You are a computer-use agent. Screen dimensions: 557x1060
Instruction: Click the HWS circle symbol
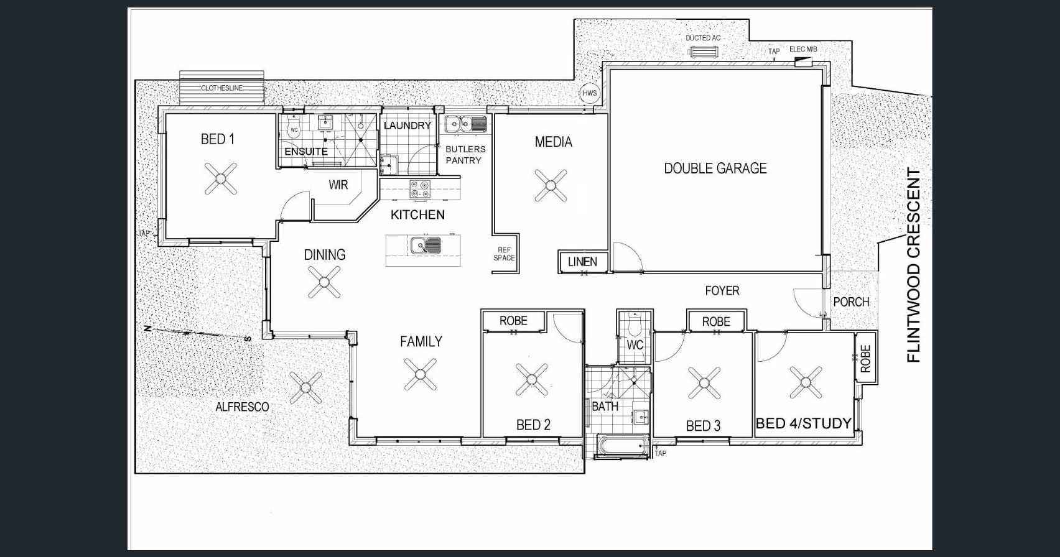click(589, 93)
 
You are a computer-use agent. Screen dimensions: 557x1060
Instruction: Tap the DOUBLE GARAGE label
click(715, 168)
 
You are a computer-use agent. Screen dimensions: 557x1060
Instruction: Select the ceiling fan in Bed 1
click(221, 179)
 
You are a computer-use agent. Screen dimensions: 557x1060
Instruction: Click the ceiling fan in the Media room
click(551, 185)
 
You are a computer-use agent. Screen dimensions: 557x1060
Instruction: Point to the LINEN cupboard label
click(582, 262)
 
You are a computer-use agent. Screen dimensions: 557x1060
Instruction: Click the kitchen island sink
click(425, 246)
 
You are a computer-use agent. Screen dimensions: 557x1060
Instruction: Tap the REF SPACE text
click(504, 254)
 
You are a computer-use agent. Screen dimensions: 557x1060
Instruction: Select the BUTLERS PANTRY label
click(465, 155)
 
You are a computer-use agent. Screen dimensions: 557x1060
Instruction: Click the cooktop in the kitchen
click(420, 189)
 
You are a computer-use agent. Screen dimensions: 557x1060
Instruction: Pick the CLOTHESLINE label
click(221, 88)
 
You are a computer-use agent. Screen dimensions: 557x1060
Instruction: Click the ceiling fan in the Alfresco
click(305, 388)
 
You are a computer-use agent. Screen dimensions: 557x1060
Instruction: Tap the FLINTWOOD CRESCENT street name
click(913, 265)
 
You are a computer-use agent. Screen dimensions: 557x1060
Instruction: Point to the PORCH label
click(851, 302)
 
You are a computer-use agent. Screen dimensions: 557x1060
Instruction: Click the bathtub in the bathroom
click(622, 446)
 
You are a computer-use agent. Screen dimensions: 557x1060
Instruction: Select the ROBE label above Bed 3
click(716, 321)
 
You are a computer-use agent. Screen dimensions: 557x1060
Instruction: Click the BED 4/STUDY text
click(803, 424)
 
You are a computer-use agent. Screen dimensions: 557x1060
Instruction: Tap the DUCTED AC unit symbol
click(703, 51)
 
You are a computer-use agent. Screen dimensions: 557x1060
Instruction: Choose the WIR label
click(338, 185)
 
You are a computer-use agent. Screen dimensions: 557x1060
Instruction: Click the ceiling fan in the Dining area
click(324, 282)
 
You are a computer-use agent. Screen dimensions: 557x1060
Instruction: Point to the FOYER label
click(722, 290)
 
